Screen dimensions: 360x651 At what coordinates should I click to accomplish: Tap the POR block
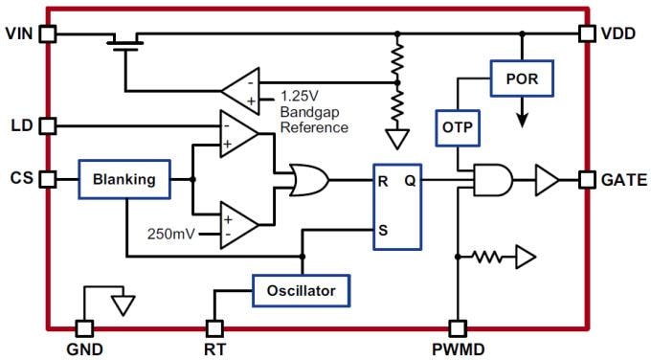(523, 79)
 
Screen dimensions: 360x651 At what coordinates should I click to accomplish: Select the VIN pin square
(48, 34)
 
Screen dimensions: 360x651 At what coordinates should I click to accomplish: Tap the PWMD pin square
(459, 326)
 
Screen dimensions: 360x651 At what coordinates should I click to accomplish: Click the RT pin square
(214, 326)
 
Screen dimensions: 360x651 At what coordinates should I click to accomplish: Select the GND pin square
(84, 326)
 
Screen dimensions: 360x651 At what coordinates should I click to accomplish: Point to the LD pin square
(48, 125)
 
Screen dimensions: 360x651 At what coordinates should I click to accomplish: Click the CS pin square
(48, 179)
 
